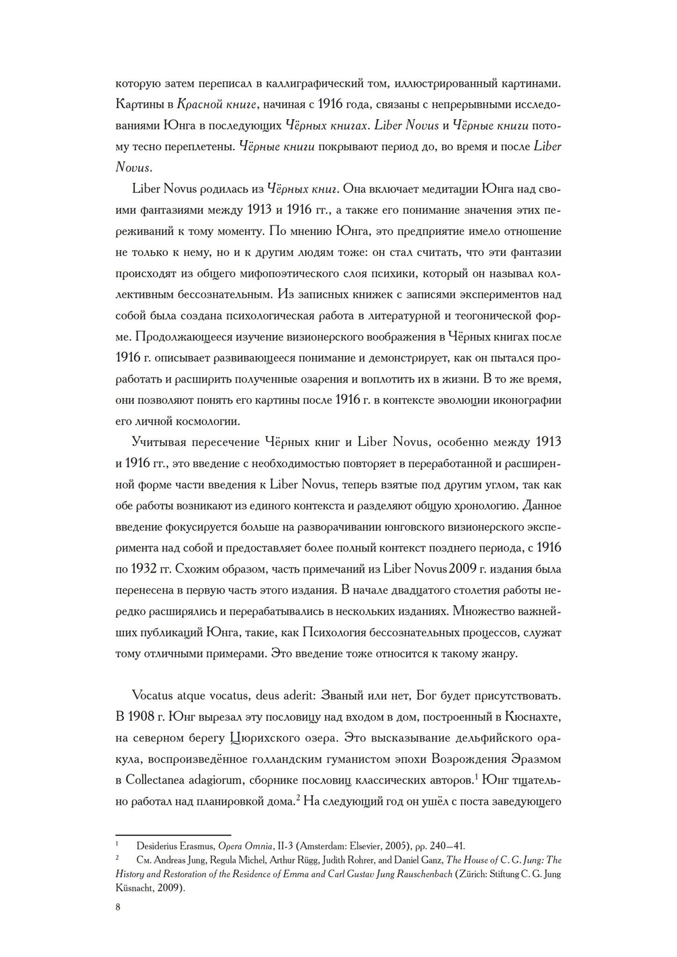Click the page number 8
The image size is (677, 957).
pos(118,907)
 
